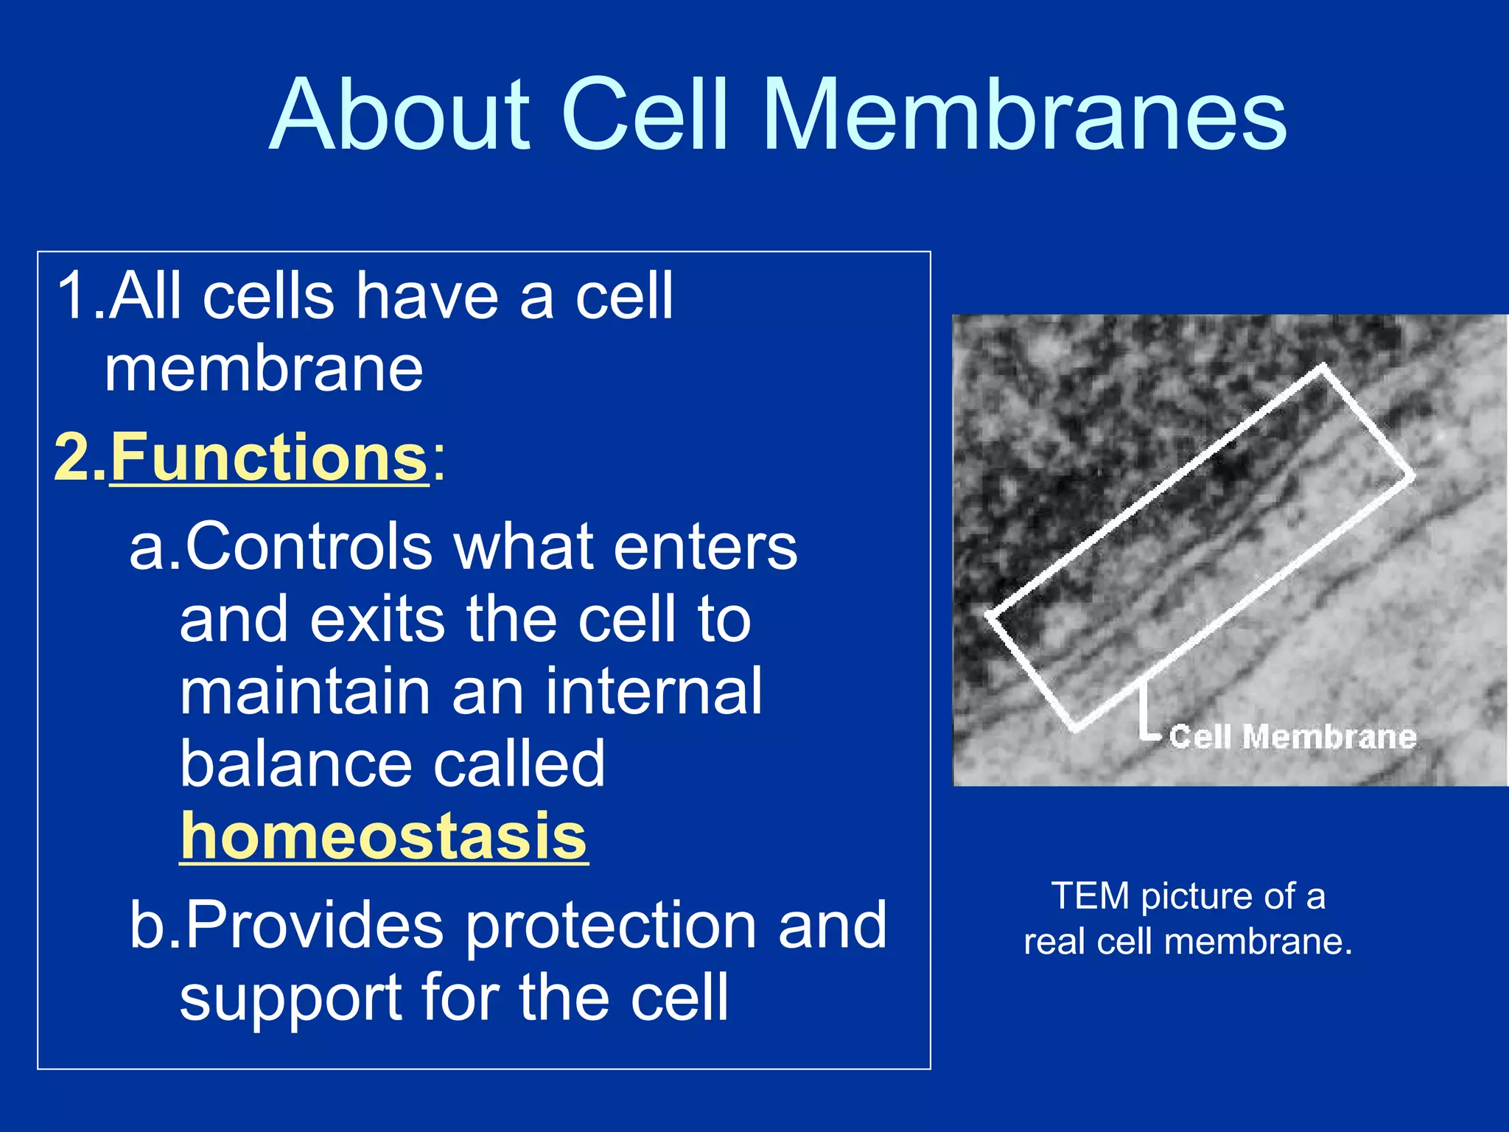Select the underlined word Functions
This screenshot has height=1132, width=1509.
point(269,458)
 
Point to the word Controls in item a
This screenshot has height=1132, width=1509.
point(309,546)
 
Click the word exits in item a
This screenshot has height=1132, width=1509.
point(377,618)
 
